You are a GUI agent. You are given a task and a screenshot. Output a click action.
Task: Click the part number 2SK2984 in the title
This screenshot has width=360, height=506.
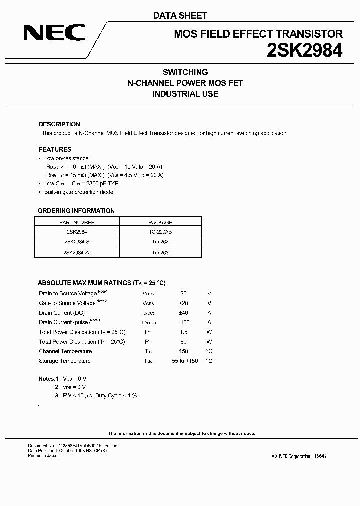304,50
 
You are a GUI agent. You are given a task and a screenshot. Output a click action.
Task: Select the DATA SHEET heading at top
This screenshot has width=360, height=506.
180,16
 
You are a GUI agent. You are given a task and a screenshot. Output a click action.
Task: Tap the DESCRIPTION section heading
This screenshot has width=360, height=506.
59,124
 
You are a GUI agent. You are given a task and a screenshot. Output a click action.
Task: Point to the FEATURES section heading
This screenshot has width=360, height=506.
55,149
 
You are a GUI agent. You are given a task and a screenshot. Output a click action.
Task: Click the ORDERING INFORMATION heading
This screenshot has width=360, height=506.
76,210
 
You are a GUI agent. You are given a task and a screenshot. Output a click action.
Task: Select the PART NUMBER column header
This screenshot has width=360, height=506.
77,222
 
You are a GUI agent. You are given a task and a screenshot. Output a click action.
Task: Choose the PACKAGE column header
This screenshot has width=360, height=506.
160,222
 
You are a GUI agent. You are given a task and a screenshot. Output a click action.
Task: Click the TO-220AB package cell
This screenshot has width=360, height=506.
160,232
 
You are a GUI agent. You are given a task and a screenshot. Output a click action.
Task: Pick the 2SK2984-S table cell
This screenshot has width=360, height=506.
77,242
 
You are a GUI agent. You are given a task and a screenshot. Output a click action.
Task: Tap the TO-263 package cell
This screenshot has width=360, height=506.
160,253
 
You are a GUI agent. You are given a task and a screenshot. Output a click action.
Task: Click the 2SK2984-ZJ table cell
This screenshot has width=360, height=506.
77,253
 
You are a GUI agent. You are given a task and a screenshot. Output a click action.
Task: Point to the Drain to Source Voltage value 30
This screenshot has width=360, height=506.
183,293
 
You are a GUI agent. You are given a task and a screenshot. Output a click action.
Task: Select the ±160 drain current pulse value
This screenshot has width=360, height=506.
183,322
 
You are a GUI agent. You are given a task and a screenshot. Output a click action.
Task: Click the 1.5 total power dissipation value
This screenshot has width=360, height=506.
183,332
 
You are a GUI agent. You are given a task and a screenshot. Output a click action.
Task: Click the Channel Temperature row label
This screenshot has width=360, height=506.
65,351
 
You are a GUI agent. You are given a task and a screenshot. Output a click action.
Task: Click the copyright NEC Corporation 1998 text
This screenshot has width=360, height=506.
299,456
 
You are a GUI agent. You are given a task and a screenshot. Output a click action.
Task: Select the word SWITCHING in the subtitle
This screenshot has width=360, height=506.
185,72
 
